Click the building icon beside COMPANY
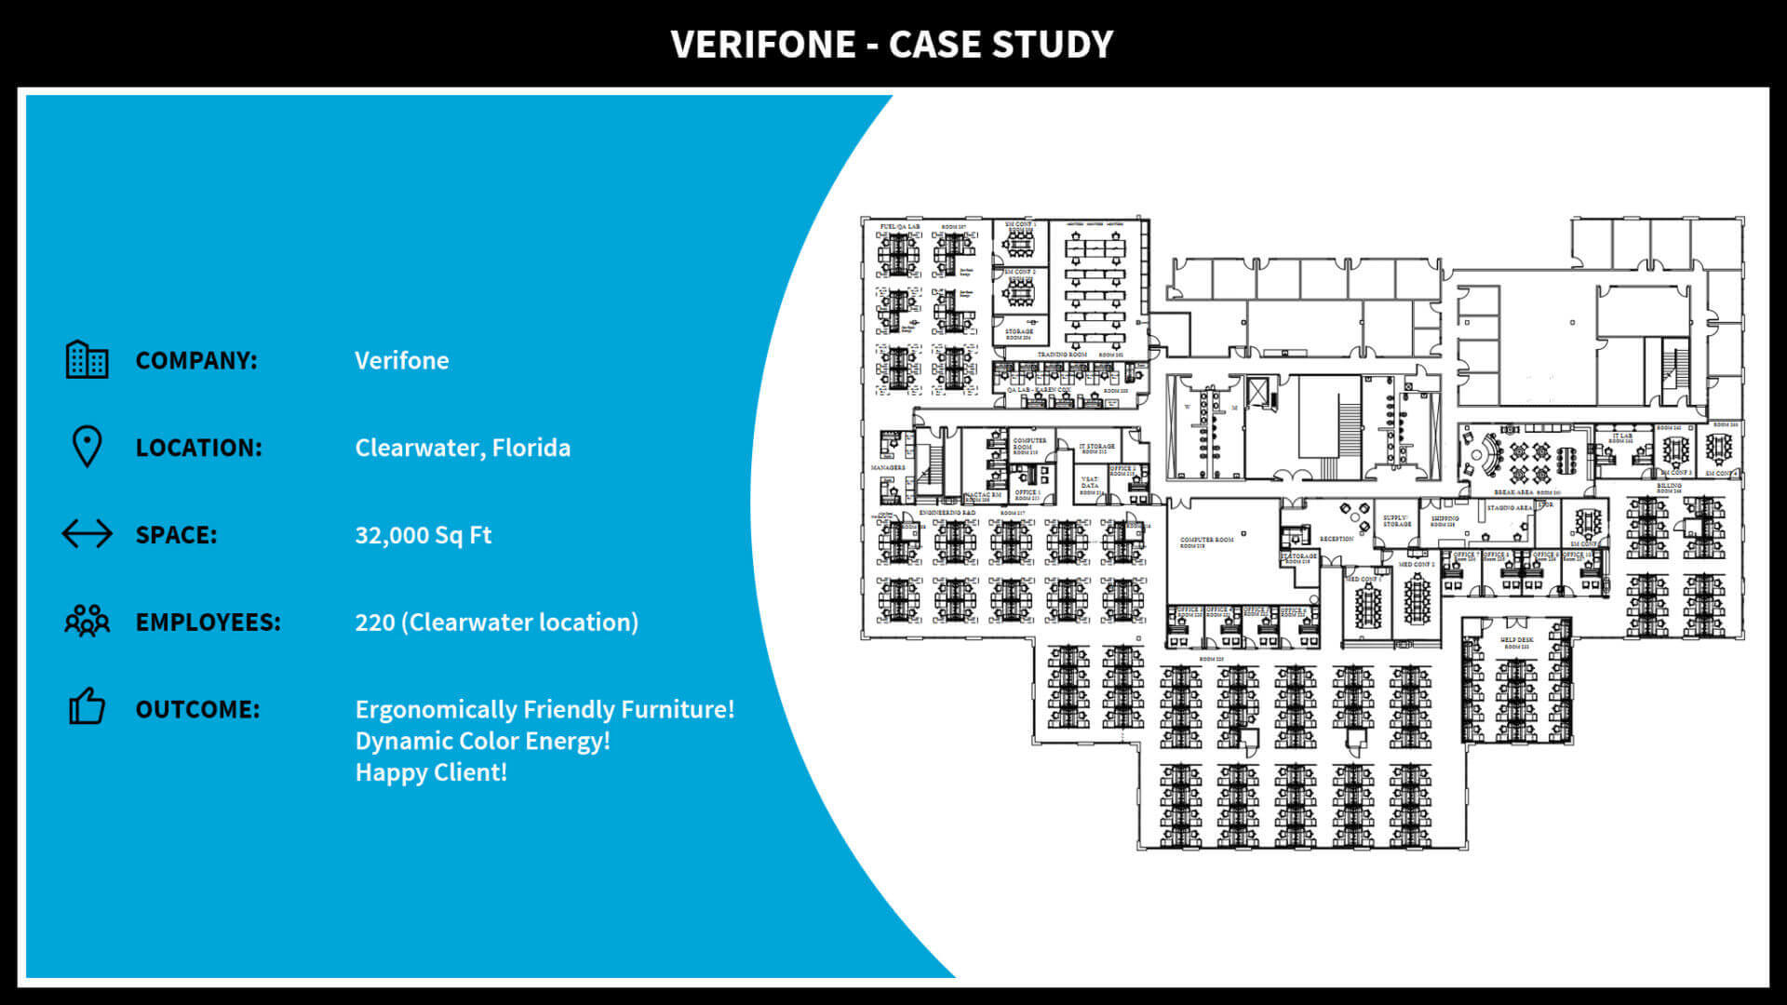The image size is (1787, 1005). (87, 359)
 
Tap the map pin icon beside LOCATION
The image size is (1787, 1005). (87, 447)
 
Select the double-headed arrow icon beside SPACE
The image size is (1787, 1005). (87, 534)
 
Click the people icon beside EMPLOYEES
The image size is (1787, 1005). (87, 621)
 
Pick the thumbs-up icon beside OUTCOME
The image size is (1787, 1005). (87, 707)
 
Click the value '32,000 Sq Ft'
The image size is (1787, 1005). (423, 535)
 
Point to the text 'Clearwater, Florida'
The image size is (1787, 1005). (463, 448)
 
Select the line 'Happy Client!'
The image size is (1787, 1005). (431, 772)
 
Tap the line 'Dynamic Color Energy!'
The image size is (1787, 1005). (482, 741)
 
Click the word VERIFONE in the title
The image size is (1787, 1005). (762, 45)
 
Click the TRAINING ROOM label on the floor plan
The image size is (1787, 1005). (1062, 355)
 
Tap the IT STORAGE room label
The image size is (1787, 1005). (1096, 448)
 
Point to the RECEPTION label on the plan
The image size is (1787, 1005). (1336, 539)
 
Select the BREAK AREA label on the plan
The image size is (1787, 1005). (1513, 492)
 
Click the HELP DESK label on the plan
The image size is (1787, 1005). (1516, 640)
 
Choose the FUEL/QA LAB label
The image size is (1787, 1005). (900, 227)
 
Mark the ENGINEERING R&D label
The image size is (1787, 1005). (947, 513)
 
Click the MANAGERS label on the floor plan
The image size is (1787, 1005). (888, 468)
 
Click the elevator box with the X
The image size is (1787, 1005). (1257, 392)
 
